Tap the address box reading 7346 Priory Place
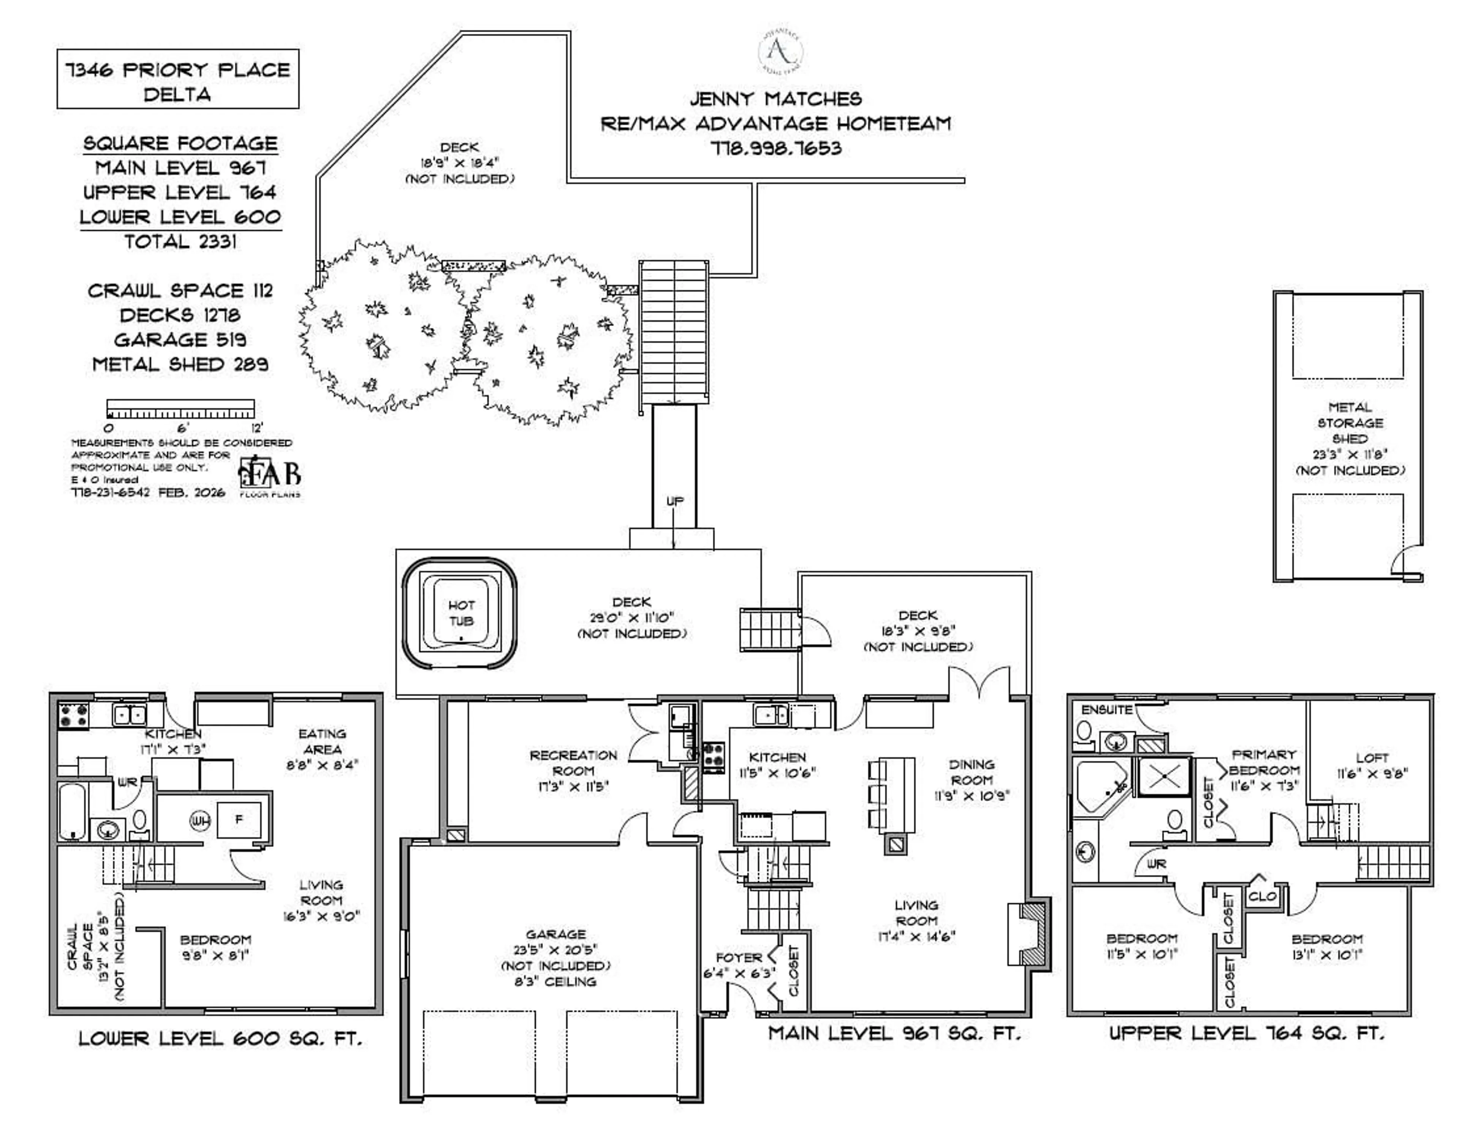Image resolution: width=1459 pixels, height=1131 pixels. tap(178, 79)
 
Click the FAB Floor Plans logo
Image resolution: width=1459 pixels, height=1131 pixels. tap(270, 476)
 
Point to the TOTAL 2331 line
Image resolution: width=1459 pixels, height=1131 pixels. tap(180, 242)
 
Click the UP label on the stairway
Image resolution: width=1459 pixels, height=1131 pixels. tap(675, 501)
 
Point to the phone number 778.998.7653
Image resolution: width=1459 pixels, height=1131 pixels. tap(775, 148)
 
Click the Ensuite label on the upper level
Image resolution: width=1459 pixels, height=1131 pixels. tap(1107, 710)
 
